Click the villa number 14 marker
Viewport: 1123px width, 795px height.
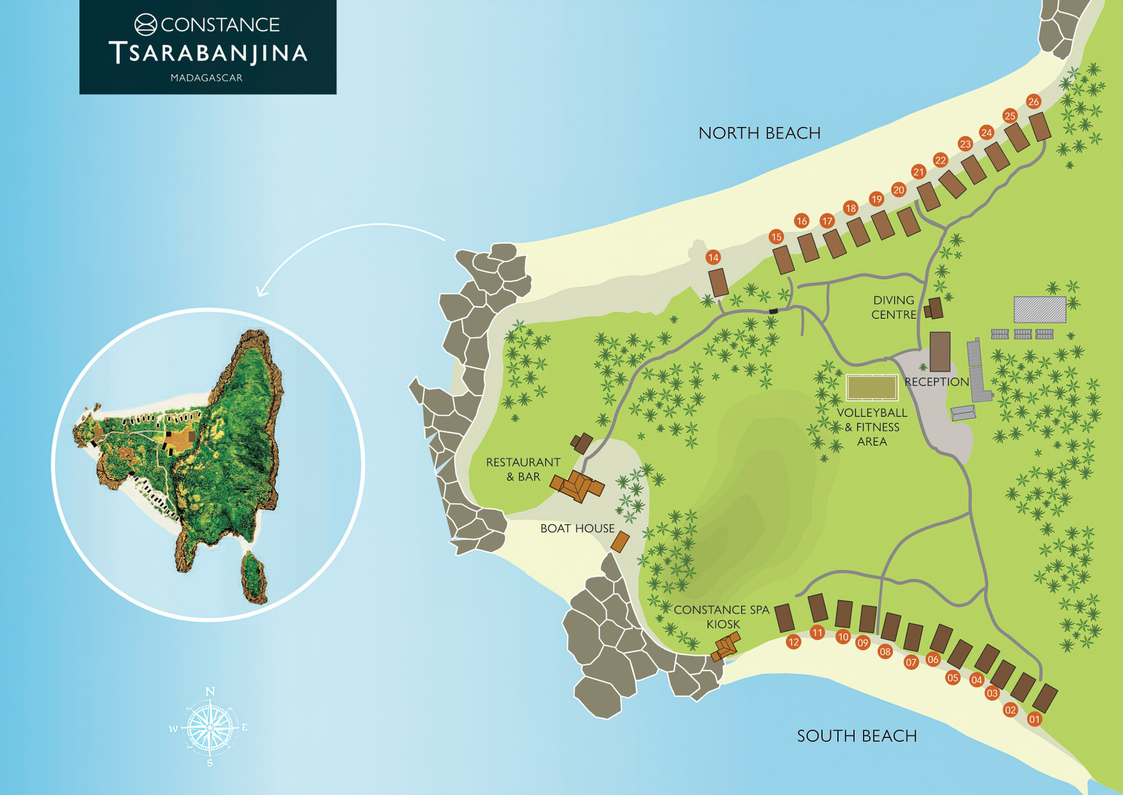(713, 258)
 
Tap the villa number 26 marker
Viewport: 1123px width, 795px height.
(1033, 101)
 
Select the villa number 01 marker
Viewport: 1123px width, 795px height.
(1035, 719)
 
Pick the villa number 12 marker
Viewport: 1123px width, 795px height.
(793, 642)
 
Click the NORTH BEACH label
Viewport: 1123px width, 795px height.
(759, 133)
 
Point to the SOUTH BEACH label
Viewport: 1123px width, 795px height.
(857, 736)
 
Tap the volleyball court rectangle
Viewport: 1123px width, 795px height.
(872, 388)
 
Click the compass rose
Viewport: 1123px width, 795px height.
(209, 727)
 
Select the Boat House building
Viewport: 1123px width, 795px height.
(620, 542)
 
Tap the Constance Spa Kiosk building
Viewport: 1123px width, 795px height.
(726, 647)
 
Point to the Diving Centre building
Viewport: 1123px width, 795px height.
(934, 308)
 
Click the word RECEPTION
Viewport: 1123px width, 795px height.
(936, 382)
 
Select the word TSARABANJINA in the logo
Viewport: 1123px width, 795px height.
(208, 53)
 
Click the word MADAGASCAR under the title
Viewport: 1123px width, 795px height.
(206, 78)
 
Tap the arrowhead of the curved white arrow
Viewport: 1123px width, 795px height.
(261, 292)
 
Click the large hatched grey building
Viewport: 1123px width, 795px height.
(1039, 310)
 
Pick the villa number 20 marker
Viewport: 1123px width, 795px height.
(898, 190)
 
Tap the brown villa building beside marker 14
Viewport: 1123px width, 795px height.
(718, 283)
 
